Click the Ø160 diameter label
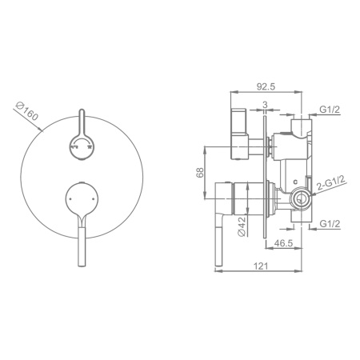click(27, 110)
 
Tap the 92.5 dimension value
click(266, 86)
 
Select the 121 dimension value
click(260, 266)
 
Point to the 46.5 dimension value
click(284, 243)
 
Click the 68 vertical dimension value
click(200, 172)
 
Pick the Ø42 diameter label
click(242, 226)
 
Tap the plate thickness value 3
click(265, 105)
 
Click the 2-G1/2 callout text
click(331, 183)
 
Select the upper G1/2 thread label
click(330, 110)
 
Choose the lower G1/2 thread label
click(330, 224)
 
